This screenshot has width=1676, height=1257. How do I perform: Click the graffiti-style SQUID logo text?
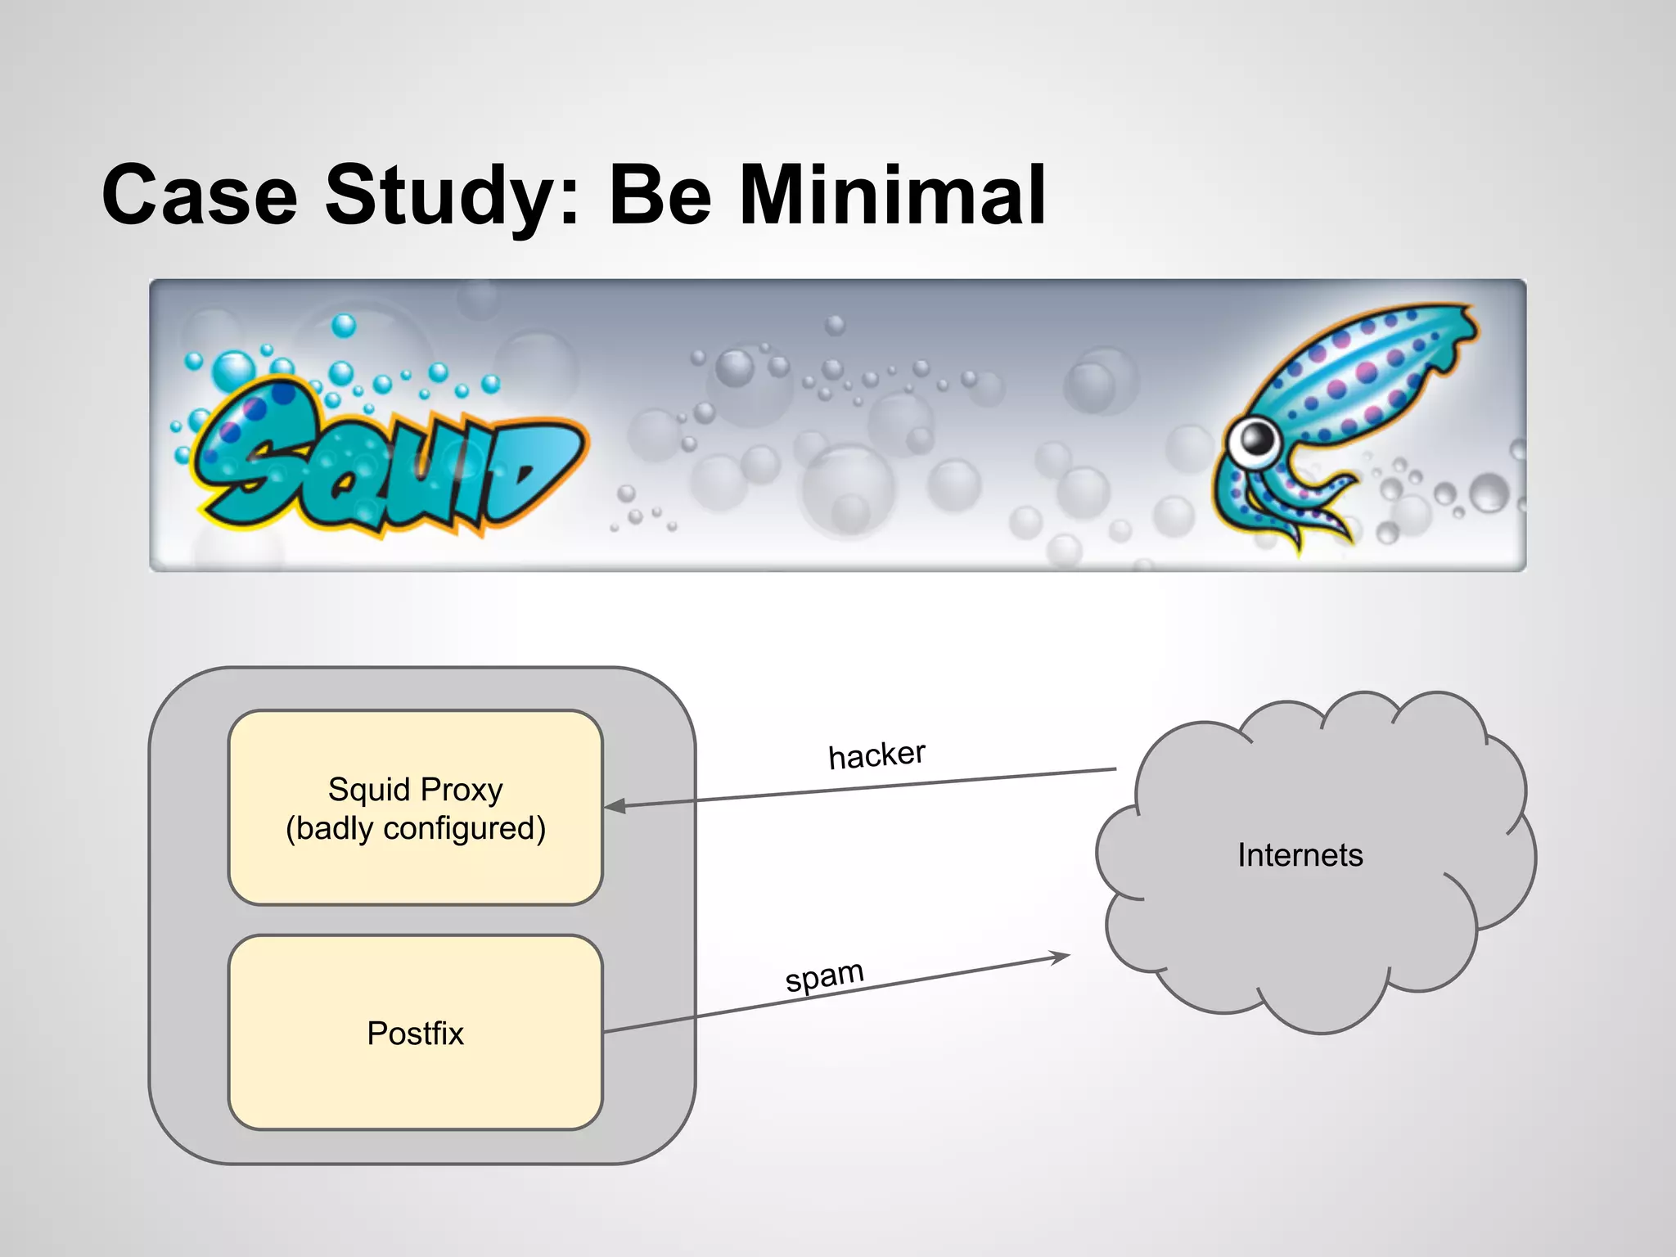385,462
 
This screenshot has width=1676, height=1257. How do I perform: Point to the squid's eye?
1254,439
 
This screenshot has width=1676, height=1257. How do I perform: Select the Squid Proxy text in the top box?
415,790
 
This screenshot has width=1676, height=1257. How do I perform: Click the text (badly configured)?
415,828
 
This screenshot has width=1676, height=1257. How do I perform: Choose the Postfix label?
415,1033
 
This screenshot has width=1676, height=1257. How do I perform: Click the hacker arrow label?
876,755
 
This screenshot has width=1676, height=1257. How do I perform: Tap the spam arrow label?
824,975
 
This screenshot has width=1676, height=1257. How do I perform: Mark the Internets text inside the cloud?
1300,855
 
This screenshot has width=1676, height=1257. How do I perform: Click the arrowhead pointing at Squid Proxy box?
614,806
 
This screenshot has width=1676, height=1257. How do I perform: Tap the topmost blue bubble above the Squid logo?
344,325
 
